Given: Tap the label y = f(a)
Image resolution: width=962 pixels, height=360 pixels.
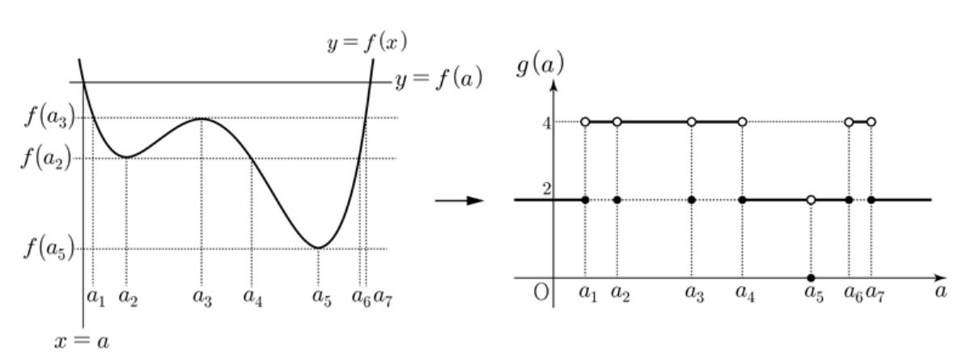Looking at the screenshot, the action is [438, 80].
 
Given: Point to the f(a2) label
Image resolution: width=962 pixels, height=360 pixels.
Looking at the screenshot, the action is [51, 158].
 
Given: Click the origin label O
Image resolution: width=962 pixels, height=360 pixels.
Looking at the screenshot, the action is [540, 292].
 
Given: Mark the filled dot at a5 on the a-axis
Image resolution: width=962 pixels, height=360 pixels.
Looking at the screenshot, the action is [811, 277].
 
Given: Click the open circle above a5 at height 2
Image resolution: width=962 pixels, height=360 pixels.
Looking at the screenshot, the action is [811, 199].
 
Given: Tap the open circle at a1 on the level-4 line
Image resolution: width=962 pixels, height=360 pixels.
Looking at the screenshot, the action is [585, 121].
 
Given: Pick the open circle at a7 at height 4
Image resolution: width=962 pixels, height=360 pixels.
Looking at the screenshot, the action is [871, 121].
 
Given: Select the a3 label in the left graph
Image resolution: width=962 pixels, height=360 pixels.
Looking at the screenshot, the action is [202, 295].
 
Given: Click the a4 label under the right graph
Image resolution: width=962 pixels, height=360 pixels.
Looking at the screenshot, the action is [744, 293].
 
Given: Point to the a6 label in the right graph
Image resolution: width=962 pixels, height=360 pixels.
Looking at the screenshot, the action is [851, 293].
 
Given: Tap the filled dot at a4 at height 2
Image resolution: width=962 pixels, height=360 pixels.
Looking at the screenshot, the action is [743, 199].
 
